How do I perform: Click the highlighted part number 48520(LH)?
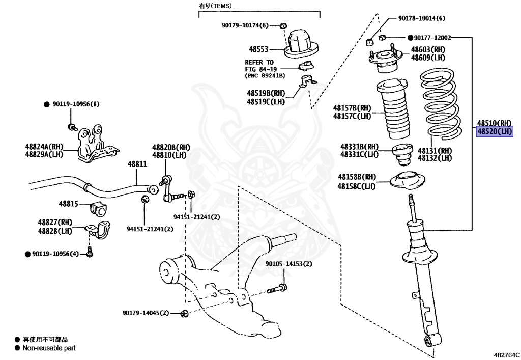[495, 132]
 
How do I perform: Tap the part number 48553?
[258, 49]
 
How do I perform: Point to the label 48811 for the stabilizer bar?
[137, 164]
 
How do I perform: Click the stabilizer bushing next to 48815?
[99, 208]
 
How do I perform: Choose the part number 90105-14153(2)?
[289, 264]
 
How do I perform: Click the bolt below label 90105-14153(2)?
[277, 289]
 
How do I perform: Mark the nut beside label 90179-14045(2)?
[184, 313]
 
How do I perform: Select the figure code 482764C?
[506, 355]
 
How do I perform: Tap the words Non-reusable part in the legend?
[49, 348]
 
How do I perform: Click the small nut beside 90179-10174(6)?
[283, 25]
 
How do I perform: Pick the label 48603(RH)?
[428, 49]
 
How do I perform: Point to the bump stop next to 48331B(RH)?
[403, 154]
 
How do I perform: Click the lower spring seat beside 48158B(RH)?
[408, 180]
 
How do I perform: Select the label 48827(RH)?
[55, 223]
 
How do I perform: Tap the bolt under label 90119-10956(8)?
[72, 127]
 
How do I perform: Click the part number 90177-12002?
[432, 38]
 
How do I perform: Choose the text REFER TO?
[259, 62]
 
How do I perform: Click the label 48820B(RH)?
[171, 147]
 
